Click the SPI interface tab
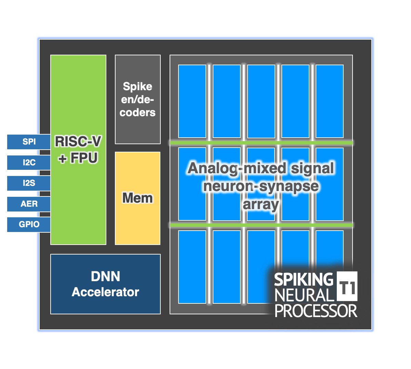pos(29,142)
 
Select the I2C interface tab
pos(29,163)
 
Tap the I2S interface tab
pos(29,183)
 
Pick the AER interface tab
pos(29,204)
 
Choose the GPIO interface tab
pos(29,224)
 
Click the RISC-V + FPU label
pos(78,150)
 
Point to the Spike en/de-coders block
pos(137,99)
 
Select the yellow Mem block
pos(137,198)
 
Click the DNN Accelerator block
pos(105,284)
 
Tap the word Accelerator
pos(105,292)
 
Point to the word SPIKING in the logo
pos(303,279)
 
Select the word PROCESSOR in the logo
pos(316,311)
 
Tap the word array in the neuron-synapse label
pos(261,204)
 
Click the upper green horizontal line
pos(261,142)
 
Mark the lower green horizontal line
pos(261,225)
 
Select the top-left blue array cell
pos(192,101)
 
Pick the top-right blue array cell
pos(330,101)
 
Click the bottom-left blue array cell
pos(192,267)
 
